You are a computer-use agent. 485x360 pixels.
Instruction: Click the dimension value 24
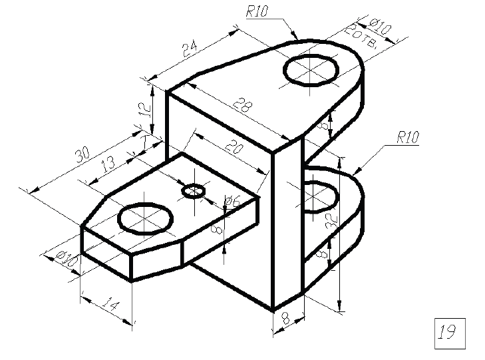[190, 49]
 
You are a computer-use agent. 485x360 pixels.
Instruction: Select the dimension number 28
[242, 104]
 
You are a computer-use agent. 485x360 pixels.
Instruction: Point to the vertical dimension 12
[146, 109]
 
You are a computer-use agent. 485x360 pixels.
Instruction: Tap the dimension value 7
[144, 142]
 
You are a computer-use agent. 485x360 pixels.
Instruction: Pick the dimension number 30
[83, 154]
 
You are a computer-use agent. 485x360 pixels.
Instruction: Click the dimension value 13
[108, 164]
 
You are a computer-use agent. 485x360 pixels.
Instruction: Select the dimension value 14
[110, 305]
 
